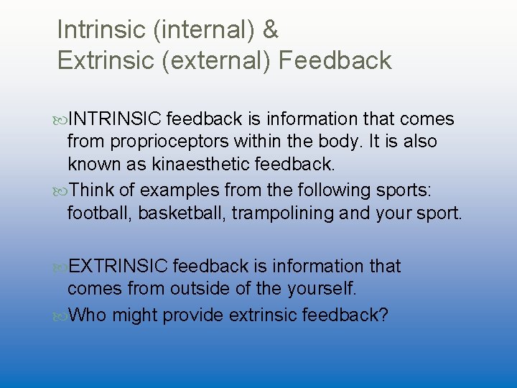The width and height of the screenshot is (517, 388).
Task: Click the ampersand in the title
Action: pos(270,30)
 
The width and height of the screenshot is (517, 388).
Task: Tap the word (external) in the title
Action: pos(216,60)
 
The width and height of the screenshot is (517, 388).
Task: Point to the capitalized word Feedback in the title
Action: pos(335,60)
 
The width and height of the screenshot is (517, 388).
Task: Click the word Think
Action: pos(94,190)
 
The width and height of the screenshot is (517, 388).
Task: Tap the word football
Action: pos(97,213)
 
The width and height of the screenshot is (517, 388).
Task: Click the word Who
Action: pos(87,315)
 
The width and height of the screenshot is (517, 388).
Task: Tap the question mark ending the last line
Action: pos(382,315)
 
